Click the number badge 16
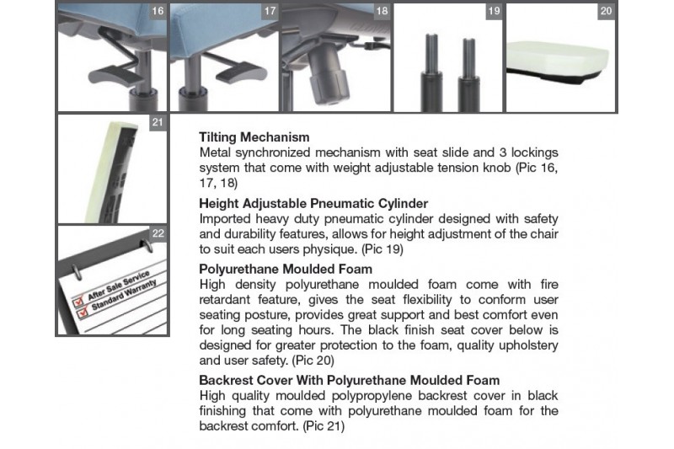(158, 11)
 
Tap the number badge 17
(270, 11)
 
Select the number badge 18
(382, 11)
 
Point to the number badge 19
(495, 11)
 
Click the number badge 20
(606, 11)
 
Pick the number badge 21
(158, 123)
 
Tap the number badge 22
(158, 233)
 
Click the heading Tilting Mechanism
(254, 137)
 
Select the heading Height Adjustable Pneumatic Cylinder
(313, 204)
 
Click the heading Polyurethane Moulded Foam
(286, 270)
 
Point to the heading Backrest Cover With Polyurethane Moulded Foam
(349, 381)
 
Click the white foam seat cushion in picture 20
(558, 59)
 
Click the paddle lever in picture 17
(241, 73)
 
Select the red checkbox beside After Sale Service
(78, 301)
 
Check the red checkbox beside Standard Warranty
(82, 313)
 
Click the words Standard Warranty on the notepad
(124, 295)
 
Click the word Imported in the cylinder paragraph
(225, 219)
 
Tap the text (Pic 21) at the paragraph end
(324, 426)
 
